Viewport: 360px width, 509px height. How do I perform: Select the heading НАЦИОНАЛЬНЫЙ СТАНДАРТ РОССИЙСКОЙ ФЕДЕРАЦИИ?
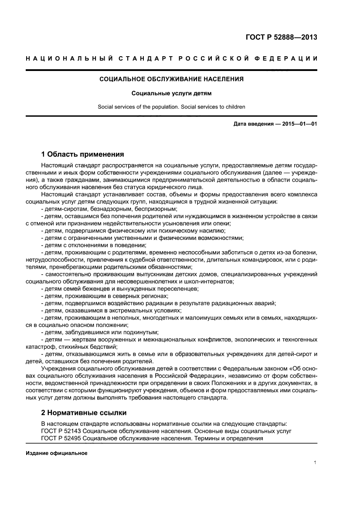[x=171, y=58]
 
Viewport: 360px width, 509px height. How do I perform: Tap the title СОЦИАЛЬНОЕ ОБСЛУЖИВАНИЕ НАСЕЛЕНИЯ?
[x=171, y=79]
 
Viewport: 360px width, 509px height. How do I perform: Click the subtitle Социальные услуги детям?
[x=171, y=93]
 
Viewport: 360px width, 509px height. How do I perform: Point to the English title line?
[x=171, y=106]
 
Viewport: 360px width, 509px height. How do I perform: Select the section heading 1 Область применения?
[x=82, y=154]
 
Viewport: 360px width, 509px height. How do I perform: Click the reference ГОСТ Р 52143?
[x=61, y=431]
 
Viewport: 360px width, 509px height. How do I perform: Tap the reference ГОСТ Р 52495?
[x=61, y=438]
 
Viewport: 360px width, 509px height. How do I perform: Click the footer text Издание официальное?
[x=57, y=453]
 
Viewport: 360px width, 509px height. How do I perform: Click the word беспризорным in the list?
[x=153, y=209]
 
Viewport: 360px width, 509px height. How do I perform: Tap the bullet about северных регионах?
[x=105, y=296]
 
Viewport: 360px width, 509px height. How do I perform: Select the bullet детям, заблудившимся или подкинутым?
[x=99, y=331]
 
